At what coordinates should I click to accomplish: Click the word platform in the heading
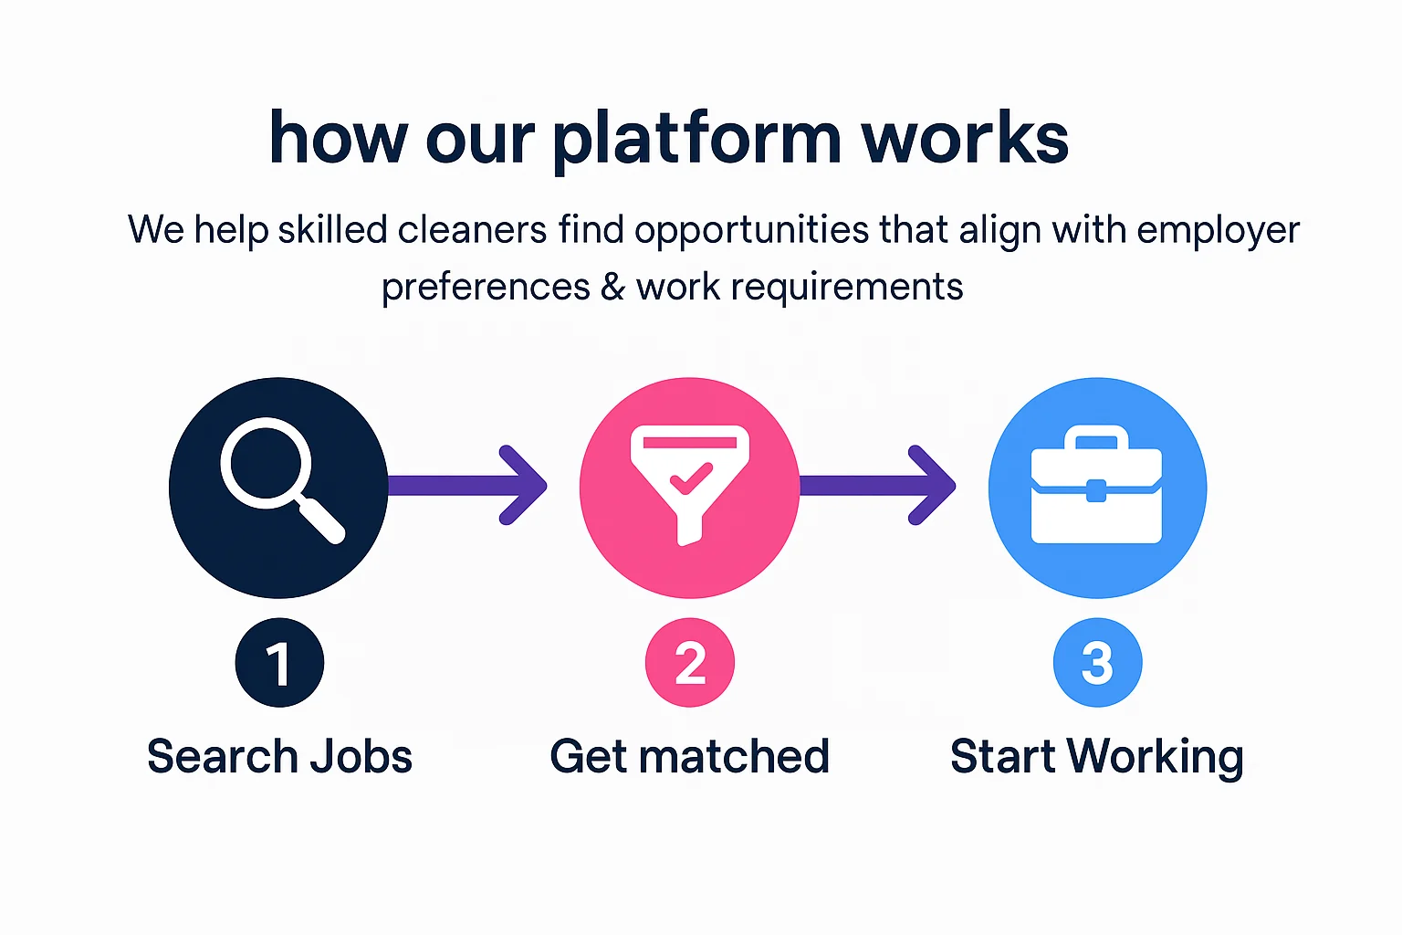coord(696,139)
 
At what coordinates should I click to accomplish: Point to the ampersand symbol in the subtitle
coord(612,287)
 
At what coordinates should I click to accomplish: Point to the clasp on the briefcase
coord(1096,490)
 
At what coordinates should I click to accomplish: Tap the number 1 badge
coord(279,663)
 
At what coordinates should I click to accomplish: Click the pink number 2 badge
coord(690,663)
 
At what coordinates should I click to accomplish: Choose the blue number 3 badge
coord(1097,663)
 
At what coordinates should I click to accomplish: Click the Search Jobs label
coord(279,757)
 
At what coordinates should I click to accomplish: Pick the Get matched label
coord(689,757)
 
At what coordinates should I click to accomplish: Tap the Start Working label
coord(1096,757)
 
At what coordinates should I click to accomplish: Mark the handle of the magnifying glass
coord(320,520)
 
